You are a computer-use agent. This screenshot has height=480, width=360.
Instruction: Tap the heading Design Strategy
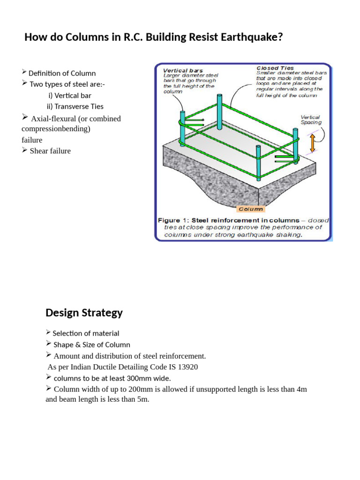coord(84,312)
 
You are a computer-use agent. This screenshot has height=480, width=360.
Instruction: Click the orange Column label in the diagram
coord(251,209)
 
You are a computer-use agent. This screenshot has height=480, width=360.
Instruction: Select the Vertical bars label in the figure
coord(183,70)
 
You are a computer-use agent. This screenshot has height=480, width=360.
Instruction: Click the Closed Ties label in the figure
coord(275,68)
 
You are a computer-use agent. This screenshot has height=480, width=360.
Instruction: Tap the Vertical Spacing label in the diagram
coord(311,120)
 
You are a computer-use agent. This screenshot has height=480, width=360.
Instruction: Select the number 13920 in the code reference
coord(185,367)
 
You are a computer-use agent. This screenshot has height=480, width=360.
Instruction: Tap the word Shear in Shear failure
coord(39,151)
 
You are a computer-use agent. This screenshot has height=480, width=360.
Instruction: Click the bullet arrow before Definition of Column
coord(24,72)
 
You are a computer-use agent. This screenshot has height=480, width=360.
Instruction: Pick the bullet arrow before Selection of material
coord(48,332)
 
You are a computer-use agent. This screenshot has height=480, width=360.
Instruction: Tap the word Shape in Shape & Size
coord(63,345)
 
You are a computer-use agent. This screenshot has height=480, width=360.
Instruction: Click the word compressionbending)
coord(56,128)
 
